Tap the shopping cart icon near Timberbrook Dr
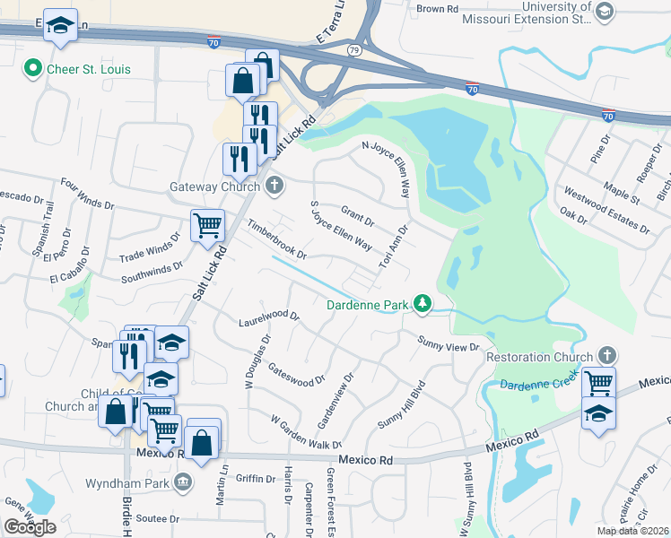coord(207,223)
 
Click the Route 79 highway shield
coord(354,49)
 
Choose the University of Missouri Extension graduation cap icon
coord(605,11)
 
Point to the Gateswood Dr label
coord(296,374)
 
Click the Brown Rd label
coord(438,9)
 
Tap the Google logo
coord(30,527)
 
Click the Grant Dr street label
coord(357,215)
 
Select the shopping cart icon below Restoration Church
coord(598,383)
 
